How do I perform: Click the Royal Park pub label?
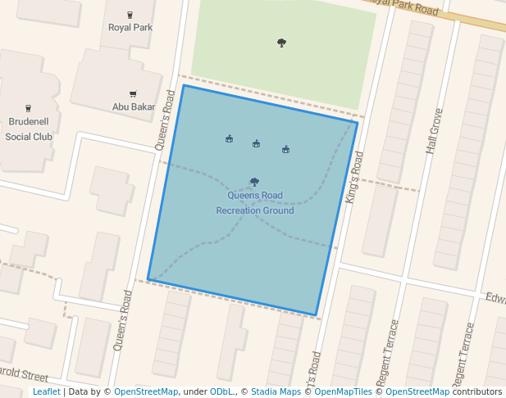pos(130,27)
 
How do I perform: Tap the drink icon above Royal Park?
pos(130,15)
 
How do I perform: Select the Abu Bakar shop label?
pos(133,106)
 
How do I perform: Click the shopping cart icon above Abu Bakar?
pos(133,94)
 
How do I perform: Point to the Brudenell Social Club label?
pos(29,129)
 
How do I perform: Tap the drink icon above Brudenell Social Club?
pos(29,108)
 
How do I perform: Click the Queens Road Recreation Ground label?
pos(255,203)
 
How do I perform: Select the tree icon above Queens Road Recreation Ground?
pos(254,182)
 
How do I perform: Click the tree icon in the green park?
pos(282,43)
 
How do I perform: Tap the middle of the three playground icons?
pos(257,144)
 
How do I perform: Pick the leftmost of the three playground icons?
pos(230,139)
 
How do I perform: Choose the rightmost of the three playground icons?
pos(285,150)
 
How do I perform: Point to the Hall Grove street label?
pos(434,130)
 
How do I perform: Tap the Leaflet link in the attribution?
pos(46,392)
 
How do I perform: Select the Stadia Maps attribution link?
pos(276,392)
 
